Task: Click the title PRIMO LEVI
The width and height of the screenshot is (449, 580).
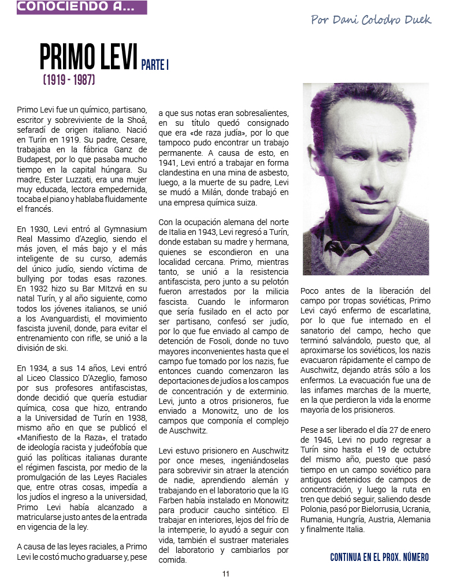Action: (x=89, y=57)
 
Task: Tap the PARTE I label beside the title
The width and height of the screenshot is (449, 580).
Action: (x=155, y=65)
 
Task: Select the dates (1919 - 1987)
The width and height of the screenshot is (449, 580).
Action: (x=69, y=80)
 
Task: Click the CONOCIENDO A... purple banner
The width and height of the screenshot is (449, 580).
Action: (x=81, y=7)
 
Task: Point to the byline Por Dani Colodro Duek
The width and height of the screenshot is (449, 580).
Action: (x=370, y=20)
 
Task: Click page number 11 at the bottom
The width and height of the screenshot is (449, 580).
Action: (x=225, y=573)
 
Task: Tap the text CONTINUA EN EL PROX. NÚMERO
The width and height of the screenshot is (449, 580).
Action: (x=379, y=557)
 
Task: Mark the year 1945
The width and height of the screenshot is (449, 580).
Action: (x=316, y=439)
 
